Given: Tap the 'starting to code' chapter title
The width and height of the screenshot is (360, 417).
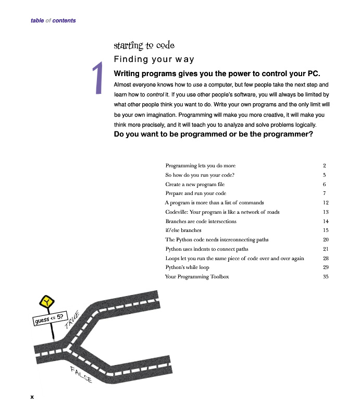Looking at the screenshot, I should point(144,46).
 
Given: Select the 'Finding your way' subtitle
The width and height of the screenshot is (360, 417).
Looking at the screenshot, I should point(154,59).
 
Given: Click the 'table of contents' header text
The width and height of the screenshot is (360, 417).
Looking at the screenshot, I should point(53,21).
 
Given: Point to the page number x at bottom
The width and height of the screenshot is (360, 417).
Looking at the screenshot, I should point(32,397).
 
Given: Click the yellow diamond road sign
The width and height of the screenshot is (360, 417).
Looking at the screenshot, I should point(47,302).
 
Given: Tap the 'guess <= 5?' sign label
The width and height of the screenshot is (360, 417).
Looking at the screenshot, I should point(49,318).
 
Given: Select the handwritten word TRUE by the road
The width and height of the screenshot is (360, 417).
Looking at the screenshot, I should point(72,321).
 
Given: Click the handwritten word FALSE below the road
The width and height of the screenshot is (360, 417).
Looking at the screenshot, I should point(81,375).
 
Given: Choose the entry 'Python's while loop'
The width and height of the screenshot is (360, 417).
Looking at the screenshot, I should point(187,267).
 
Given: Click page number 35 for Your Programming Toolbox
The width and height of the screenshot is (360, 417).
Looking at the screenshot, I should point(325,277).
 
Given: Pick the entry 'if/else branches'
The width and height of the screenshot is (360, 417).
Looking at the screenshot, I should point(183,230).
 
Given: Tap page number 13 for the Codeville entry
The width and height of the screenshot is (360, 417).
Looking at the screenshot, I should point(326,212).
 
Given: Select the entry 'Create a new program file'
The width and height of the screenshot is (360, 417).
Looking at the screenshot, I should point(195,185).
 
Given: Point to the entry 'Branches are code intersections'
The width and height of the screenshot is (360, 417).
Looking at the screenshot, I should point(201,221).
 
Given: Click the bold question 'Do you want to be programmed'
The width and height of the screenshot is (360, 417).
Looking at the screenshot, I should point(213,134).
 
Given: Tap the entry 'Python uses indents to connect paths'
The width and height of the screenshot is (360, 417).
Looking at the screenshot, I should point(206,249).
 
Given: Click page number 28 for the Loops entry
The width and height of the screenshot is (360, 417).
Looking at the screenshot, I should point(326,259).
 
